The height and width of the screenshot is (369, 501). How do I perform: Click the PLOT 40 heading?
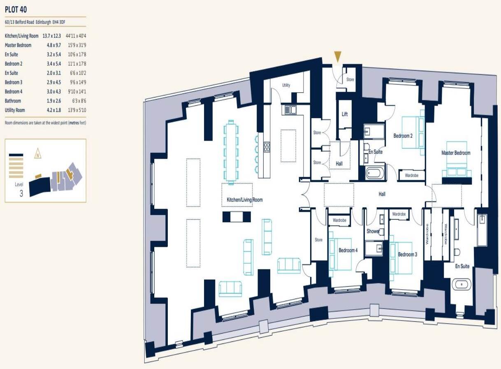[16, 9]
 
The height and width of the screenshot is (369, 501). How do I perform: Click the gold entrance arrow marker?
[338, 57]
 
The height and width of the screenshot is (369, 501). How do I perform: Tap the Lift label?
[345, 114]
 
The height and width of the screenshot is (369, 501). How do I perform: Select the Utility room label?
[286, 86]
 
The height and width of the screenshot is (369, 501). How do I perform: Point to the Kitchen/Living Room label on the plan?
[245, 200]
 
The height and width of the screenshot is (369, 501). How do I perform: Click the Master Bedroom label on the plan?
[456, 153]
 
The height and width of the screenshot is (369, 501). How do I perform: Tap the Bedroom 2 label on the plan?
[403, 136]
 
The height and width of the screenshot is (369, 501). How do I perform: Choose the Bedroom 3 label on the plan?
[407, 255]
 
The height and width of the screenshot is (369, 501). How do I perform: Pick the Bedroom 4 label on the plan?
[348, 250]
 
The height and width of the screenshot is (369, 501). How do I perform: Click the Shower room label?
[373, 231]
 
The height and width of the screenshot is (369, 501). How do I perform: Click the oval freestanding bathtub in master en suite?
[461, 284]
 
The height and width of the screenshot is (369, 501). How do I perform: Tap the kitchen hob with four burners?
[267, 147]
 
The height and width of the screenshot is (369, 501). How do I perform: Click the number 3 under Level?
[21, 193]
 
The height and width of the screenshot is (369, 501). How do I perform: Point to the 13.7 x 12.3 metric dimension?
[51, 36]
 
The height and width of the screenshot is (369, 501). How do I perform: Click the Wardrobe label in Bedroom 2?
[412, 175]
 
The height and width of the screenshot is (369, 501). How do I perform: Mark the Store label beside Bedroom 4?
[319, 240]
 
